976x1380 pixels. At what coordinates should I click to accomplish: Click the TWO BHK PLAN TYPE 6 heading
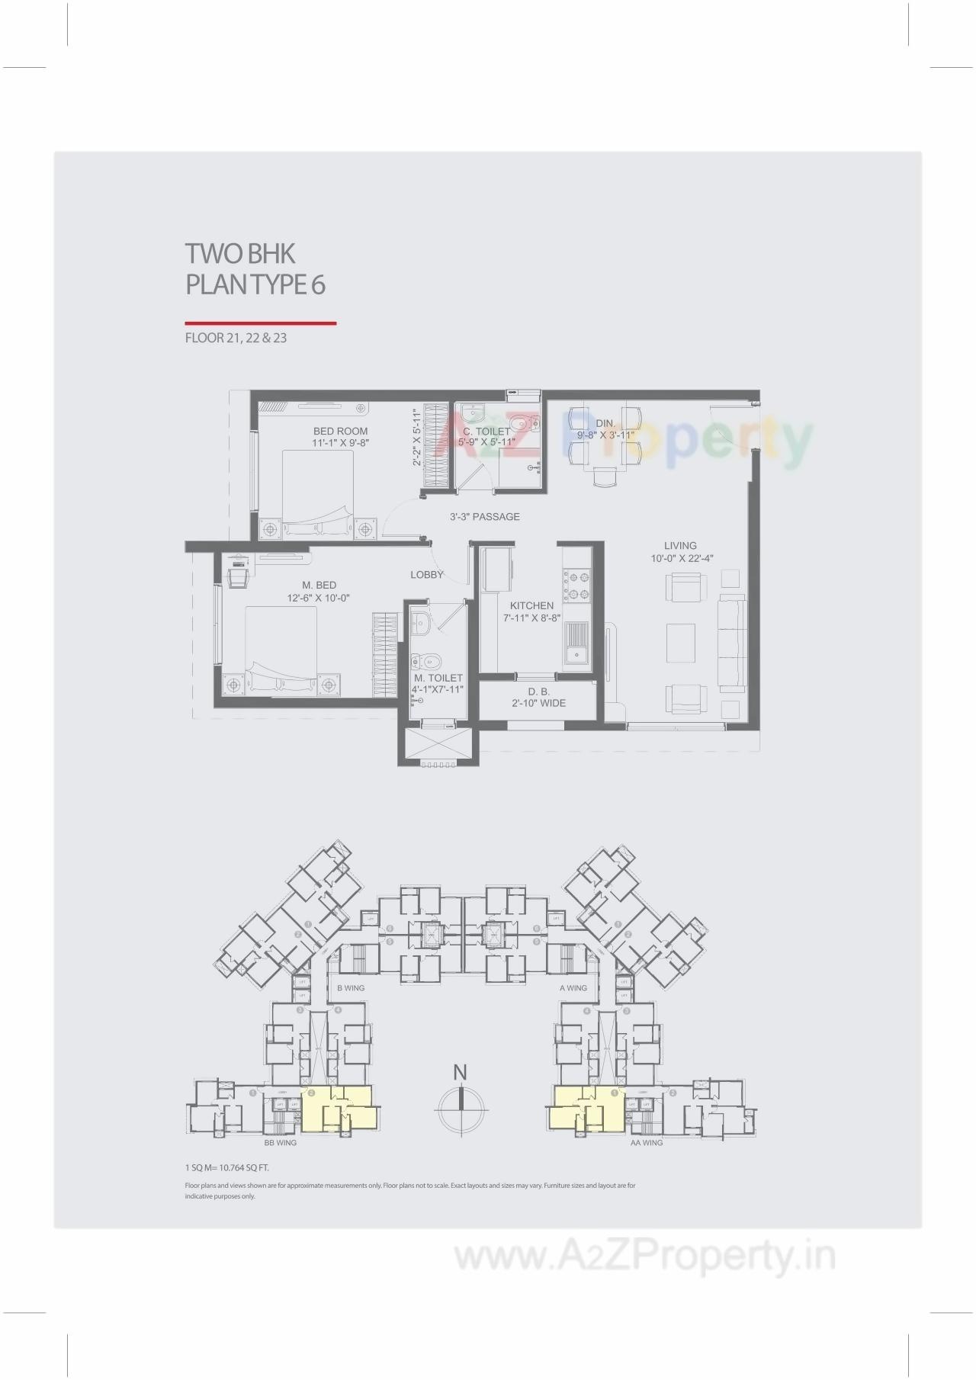pos(255,268)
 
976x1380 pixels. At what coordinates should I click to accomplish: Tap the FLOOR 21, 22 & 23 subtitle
pos(236,338)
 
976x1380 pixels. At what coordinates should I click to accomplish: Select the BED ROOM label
pos(340,432)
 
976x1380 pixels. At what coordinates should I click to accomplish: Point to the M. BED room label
pos(319,586)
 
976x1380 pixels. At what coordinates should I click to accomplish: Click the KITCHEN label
pos(531,606)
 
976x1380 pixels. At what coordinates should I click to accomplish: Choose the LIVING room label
pos(679,546)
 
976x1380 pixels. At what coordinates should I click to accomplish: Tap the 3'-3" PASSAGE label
pos(484,517)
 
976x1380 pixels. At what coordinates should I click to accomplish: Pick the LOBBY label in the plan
pos(426,575)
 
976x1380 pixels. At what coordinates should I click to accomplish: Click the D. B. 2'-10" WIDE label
pos(538,698)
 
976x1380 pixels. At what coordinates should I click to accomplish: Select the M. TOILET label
pos(438,678)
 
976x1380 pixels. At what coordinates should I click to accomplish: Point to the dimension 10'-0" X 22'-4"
pos(682,558)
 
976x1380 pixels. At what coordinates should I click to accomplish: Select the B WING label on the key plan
pos(351,988)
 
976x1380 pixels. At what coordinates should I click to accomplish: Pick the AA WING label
pos(646,1143)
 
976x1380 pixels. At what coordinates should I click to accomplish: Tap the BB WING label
pos(280,1143)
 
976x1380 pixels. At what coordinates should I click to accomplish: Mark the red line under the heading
pos(260,323)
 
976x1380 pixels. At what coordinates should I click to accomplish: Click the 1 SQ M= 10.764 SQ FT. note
pos(226,1167)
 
